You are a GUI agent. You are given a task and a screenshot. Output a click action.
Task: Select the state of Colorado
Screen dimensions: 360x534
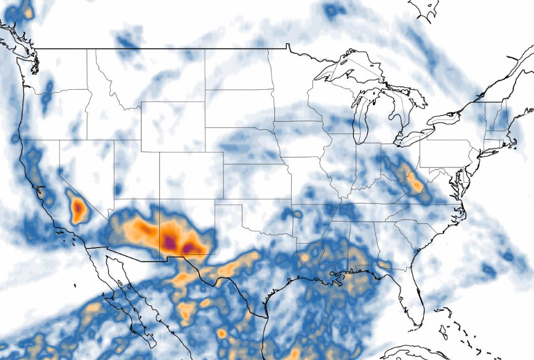pyautogui.click(x=191, y=178)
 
